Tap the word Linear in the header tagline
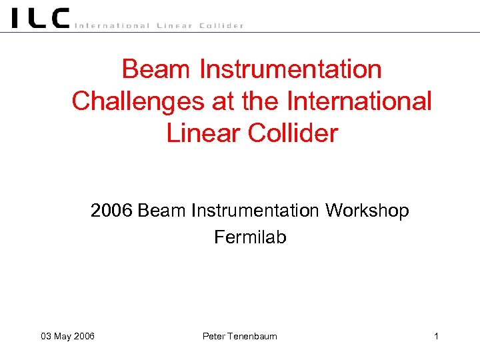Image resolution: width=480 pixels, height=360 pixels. [x=174, y=26]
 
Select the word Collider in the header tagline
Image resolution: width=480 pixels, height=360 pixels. [x=222, y=26]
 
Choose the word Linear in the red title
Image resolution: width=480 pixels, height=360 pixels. [x=204, y=133]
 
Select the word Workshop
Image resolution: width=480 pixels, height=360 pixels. [x=367, y=211]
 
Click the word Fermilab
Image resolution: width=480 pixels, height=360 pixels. [x=250, y=237]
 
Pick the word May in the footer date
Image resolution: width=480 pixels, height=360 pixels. [x=63, y=336]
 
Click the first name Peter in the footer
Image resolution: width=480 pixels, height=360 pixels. [x=214, y=336]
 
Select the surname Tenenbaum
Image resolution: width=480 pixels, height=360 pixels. [x=253, y=336]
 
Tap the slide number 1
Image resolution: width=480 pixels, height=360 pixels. [x=436, y=336]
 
